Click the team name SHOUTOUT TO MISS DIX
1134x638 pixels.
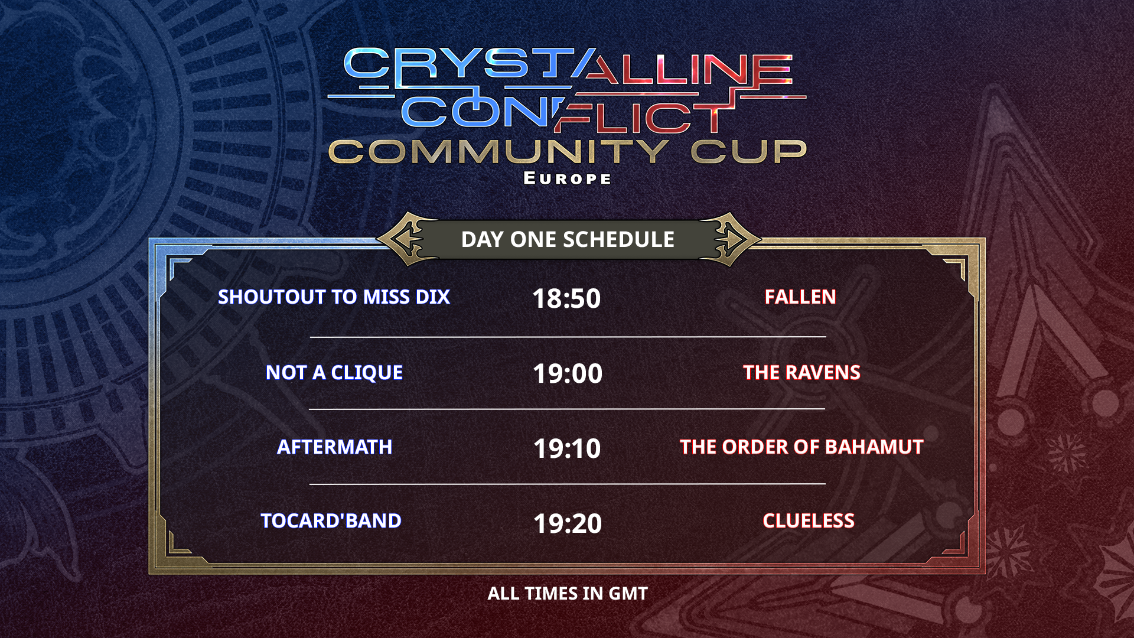[334, 297]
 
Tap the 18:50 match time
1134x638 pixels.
[566, 298]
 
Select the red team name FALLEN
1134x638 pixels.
[800, 297]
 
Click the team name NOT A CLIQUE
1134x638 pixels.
[334, 372]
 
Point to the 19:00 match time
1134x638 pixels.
[567, 373]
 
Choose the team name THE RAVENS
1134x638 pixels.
[801, 372]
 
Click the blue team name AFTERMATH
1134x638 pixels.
[334, 447]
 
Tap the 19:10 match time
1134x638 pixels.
[567, 448]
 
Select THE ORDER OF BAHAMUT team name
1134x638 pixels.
[801, 447]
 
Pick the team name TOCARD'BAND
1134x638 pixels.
[331, 520]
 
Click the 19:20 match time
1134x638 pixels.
[568, 523]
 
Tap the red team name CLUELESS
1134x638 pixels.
[809, 520]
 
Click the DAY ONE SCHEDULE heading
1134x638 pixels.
[568, 239]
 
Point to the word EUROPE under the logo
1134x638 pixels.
[568, 178]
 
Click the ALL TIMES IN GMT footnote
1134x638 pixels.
[568, 593]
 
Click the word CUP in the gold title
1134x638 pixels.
[749, 152]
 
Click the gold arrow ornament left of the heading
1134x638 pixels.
[408, 239]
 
